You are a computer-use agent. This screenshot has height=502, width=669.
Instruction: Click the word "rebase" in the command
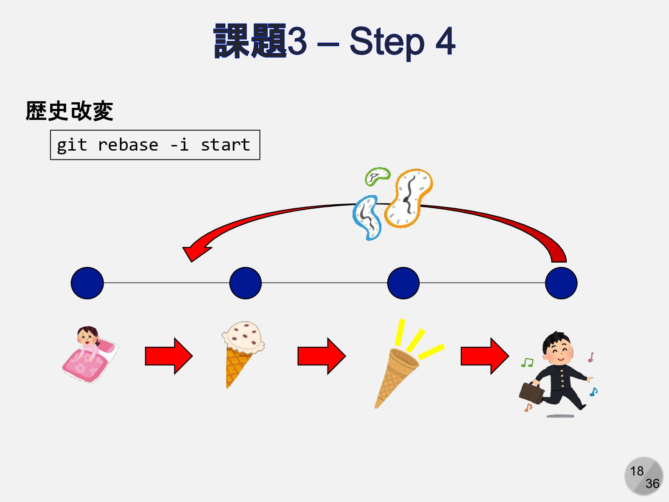click(128, 145)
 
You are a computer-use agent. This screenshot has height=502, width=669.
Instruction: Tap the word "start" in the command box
click(225, 145)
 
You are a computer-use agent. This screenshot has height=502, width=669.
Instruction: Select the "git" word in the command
click(72, 145)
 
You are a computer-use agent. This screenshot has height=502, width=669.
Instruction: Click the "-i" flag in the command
click(179, 145)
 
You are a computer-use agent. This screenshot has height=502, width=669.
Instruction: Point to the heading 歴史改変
click(70, 111)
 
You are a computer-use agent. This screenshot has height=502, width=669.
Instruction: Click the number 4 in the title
click(445, 41)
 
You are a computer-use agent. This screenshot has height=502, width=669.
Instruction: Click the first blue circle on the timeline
click(87, 283)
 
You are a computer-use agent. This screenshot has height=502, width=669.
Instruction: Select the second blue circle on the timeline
click(245, 283)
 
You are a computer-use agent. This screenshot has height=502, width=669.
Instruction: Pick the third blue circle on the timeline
click(403, 283)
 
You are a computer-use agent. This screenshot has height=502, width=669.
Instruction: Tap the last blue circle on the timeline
click(561, 283)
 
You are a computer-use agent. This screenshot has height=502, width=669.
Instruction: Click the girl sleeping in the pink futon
click(90, 354)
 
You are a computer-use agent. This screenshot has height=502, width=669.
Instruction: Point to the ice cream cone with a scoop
click(242, 351)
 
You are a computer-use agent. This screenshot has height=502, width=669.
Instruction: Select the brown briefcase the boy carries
click(531, 392)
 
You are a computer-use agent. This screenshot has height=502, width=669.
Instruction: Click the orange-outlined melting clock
click(409, 198)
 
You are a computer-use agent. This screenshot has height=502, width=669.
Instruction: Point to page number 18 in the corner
click(637, 471)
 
